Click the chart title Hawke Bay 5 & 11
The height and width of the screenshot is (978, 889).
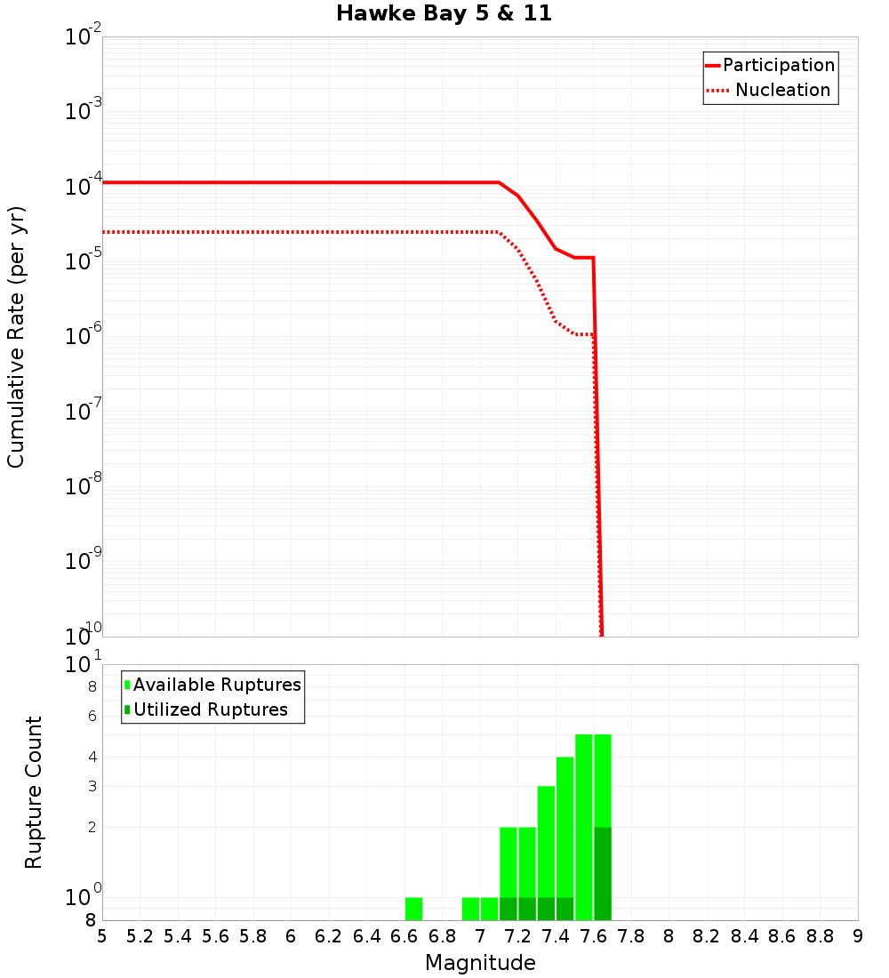444,14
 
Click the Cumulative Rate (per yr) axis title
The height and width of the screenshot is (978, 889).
16,336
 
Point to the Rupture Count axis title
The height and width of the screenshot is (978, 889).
34,792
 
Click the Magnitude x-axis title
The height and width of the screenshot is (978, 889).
480,963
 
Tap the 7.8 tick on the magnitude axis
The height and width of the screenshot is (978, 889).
631,936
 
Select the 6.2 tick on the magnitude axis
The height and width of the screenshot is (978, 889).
329,936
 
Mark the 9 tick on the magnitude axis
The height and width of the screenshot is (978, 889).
857,936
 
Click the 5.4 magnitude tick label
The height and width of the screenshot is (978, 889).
178,936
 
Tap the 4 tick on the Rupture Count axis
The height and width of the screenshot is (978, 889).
92,758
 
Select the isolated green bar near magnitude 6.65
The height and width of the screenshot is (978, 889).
413,909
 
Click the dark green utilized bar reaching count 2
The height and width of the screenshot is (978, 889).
603,873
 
